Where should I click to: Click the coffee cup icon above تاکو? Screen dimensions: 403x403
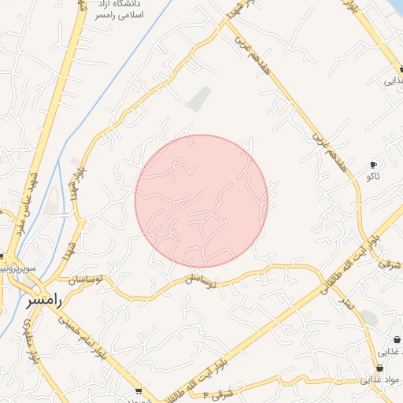point(373,165)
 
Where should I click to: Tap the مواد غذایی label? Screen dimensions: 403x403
point(382,379)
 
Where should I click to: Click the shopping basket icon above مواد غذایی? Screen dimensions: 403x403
point(379,368)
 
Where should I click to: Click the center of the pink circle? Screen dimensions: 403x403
point(201,201)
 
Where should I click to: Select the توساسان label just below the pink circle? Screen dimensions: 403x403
point(200,279)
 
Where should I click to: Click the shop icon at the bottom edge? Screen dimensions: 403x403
point(139,391)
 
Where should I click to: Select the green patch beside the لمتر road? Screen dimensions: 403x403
point(368,318)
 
